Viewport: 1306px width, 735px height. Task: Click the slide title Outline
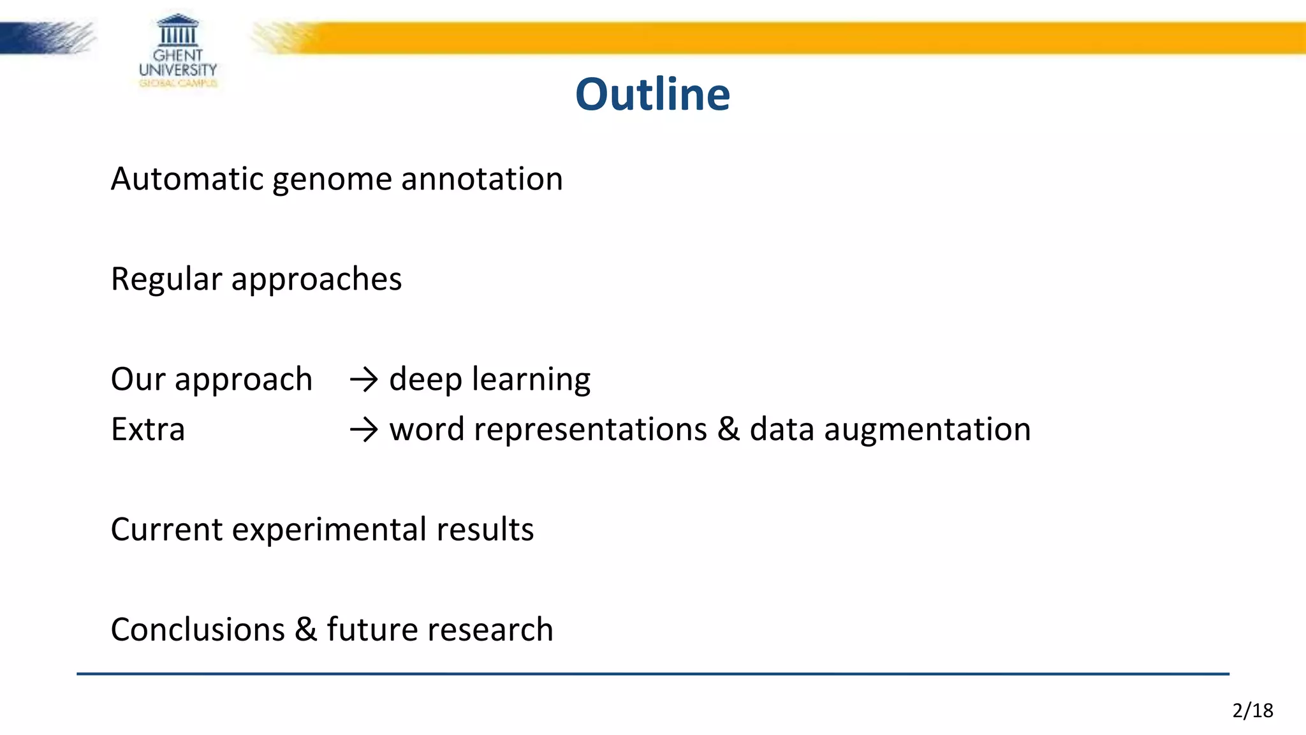click(652, 94)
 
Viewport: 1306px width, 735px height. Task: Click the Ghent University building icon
click(177, 30)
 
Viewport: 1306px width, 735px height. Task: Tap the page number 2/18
click(1252, 710)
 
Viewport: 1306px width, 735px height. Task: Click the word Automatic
click(187, 179)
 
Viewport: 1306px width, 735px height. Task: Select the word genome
click(332, 180)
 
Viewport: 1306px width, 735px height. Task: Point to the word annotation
click(482, 179)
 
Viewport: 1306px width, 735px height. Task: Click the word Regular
click(166, 279)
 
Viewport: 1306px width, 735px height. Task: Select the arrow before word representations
click(364, 430)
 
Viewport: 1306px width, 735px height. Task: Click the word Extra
click(148, 429)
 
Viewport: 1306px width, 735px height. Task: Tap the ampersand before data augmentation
click(728, 429)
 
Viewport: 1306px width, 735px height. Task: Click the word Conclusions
click(198, 630)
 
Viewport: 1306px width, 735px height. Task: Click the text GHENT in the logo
click(177, 56)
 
